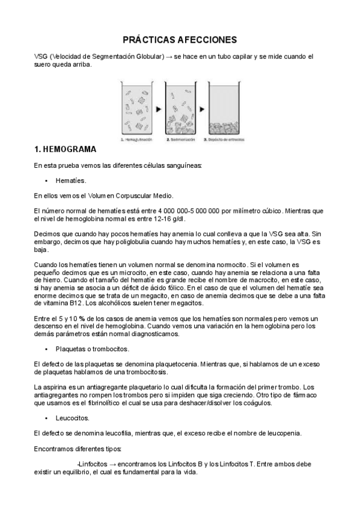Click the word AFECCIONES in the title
(x=207, y=40)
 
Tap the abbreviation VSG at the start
(x=42, y=57)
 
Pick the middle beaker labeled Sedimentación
(x=180, y=109)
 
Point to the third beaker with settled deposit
(x=225, y=109)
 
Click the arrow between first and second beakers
(x=158, y=109)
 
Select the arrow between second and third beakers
(x=203, y=109)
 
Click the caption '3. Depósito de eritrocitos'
(x=224, y=139)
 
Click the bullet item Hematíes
(x=71, y=180)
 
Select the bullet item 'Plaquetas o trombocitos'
(x=91, y=349)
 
